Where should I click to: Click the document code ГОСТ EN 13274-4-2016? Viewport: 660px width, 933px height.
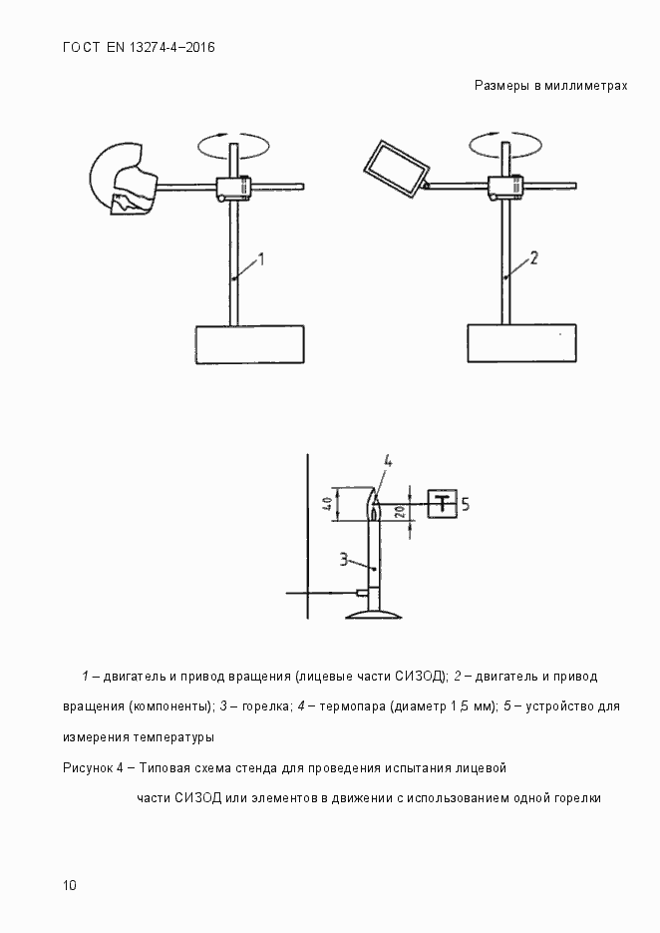point(139,48)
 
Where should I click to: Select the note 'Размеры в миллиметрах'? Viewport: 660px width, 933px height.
point(550,86)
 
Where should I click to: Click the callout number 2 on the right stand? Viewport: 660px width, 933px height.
point(533,258)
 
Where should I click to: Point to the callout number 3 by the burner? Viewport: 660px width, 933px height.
point(342,560)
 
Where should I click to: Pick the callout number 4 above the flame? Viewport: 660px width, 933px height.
point(388,461)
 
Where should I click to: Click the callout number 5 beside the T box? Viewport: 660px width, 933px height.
point(465,504)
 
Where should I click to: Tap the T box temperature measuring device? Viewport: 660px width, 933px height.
point(442,504)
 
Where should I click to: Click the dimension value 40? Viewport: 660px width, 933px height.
point(327,504)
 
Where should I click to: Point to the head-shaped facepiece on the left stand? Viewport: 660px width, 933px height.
point(124,180)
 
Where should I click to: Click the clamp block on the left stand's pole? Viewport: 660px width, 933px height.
point(234,187)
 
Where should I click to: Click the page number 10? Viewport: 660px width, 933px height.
point(69,885)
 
